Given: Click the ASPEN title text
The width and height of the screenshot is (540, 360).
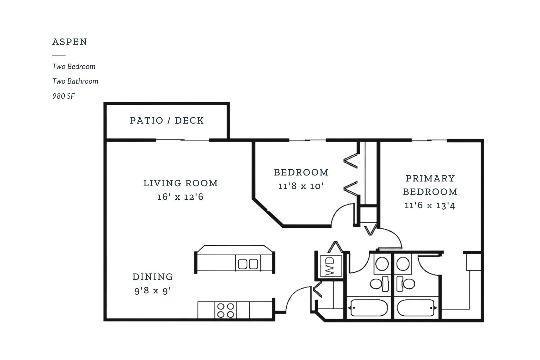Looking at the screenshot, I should point(70,42).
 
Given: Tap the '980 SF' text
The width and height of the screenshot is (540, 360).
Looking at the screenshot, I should point(63,96).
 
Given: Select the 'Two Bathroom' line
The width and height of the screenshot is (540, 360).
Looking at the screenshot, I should point(75,81).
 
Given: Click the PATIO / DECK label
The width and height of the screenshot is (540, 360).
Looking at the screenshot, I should point(167,121).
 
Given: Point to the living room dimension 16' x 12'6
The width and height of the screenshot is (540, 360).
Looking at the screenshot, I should point(180,197).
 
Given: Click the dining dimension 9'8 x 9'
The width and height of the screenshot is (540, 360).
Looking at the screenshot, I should point(152,290).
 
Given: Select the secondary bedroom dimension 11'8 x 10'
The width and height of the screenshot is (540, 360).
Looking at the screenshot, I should point(301,186).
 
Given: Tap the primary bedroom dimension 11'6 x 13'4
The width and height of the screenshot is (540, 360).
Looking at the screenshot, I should point(430,205).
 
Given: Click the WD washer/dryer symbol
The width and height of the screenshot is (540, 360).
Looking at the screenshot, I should point(330,266).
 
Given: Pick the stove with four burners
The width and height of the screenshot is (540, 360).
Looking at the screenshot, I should point(225,310).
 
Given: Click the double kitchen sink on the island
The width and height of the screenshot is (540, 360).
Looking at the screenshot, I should point(248,264).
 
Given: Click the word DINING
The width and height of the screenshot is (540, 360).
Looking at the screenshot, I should point(153,277).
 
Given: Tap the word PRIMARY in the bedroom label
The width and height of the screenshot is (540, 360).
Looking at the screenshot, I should point(430,178).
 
